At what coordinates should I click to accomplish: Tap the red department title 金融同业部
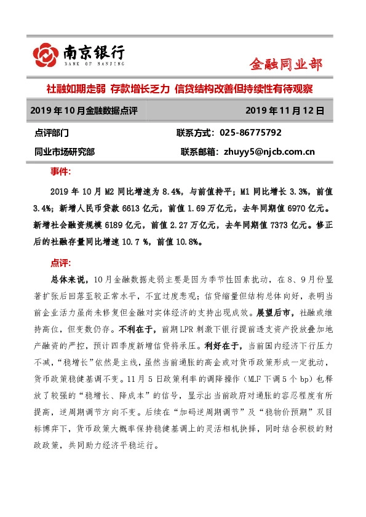[x=285, y=64]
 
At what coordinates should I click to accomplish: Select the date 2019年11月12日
[x=284, y=111]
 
